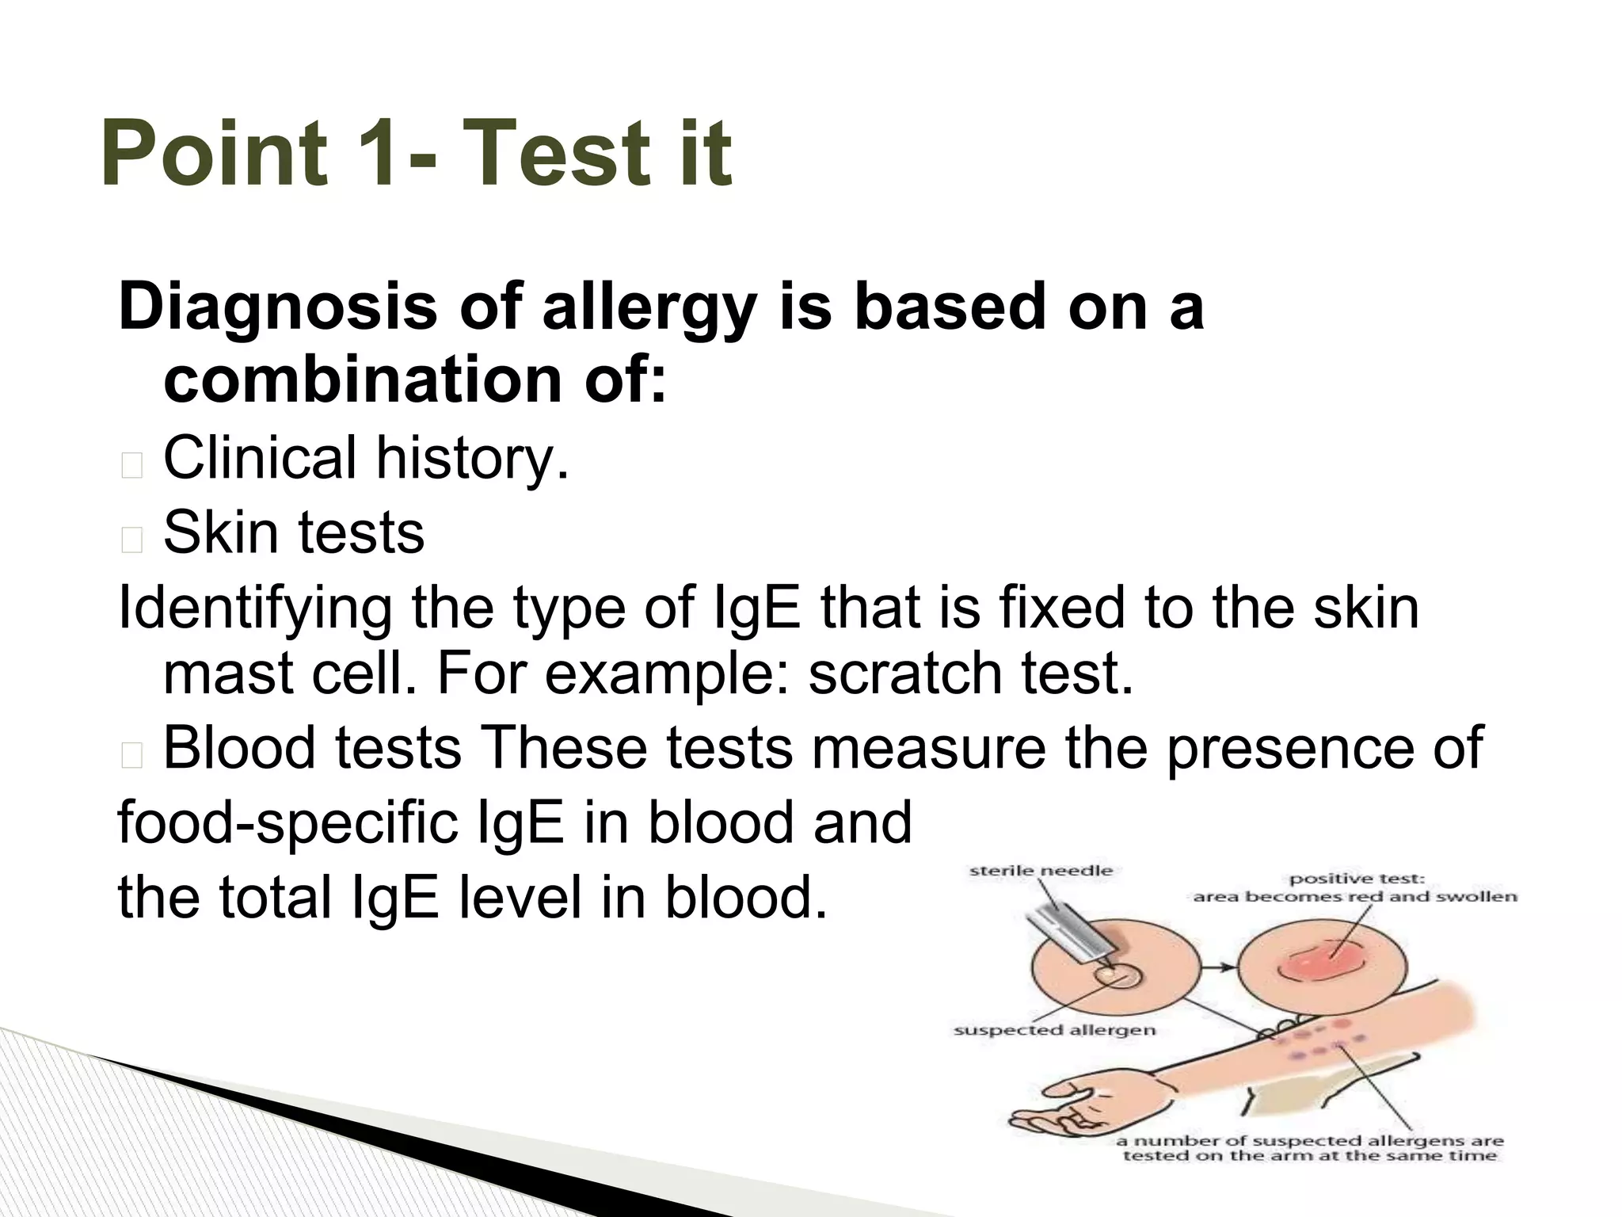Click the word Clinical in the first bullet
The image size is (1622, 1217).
point(260,457)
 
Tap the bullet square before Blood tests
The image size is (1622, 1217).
point(132,757)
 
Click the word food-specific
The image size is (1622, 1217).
point(287,822)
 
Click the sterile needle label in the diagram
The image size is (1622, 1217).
point(1041,871)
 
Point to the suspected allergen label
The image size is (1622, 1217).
point(1054,1031)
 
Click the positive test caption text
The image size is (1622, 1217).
point(1355,887)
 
